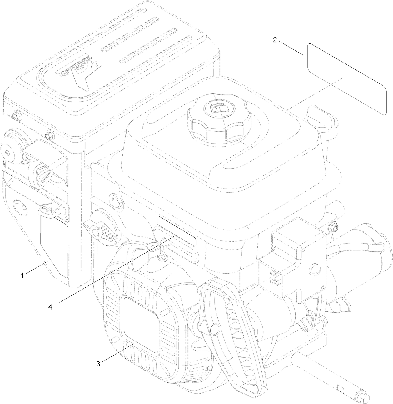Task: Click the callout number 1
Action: click(22, 275)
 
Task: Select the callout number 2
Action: click(275, 40)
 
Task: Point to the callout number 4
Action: click(50, 307)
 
